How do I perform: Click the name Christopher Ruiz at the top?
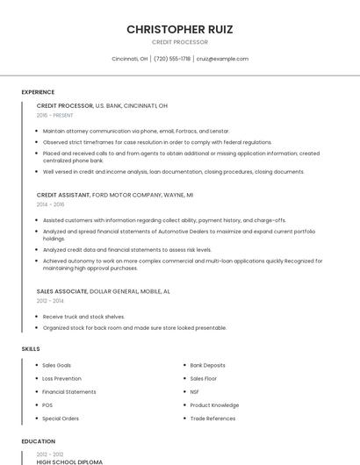[180, 29]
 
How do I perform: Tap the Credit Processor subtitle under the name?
[180, 42]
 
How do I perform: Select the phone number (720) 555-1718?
[172, 59]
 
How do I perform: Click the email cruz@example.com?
[222, 59]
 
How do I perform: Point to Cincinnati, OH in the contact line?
[130, 59]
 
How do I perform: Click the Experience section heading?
[38, 92]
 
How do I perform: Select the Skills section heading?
[31, 349]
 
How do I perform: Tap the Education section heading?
[38, 441]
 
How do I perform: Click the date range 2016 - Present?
[54, 115]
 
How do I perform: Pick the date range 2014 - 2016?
[50, 204]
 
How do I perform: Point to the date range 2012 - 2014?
[50, 300]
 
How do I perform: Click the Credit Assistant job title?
[63, 195]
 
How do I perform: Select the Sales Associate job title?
[62, 290]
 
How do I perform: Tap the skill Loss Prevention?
[61, 378]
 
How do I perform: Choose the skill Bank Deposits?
[207, 365]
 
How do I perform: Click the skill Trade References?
[212, 418]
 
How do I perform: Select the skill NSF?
[194, 392]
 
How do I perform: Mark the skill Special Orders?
[61, 418]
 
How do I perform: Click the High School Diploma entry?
[69, 461]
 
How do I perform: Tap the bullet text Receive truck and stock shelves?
[83, 316]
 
